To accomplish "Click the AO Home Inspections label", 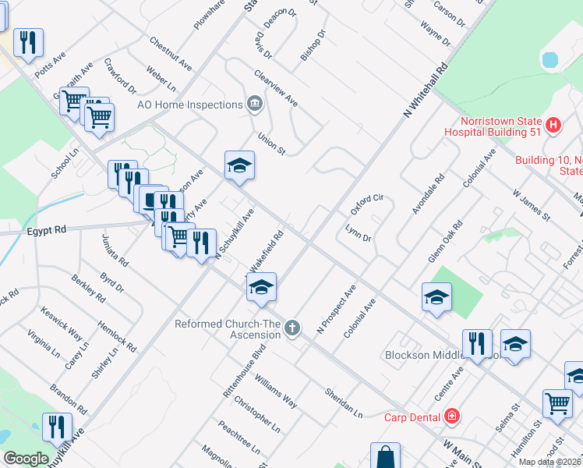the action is [189, 105].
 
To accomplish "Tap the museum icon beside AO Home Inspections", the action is [254, 104].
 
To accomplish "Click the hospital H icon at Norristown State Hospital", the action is [553, 124].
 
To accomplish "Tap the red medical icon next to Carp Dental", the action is [451, 417].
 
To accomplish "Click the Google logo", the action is [26, 459].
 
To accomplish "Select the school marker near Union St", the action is [240, 165].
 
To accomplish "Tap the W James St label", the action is [532, 204].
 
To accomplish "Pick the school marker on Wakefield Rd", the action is [262, 287].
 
